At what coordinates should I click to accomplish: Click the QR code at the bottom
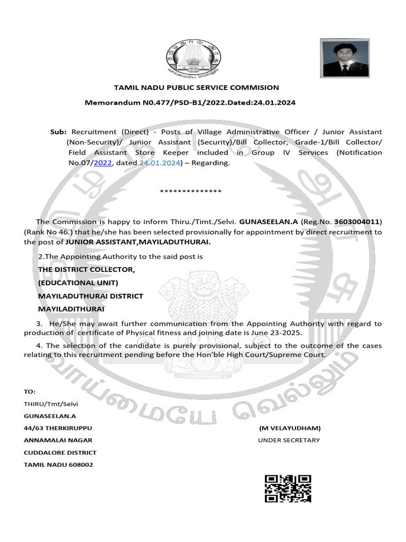coord(288,488)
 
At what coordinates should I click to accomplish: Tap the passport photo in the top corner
coord(345,58)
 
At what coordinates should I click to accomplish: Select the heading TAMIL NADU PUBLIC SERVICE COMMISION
coord(197,88)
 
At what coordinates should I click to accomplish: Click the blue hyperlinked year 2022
coord(103,163)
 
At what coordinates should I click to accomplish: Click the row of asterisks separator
coord(190,191)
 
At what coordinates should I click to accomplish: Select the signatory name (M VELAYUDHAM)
coord(290,428)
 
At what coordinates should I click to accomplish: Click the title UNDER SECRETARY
coord(289,440)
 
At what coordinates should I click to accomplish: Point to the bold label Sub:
coord(58,131)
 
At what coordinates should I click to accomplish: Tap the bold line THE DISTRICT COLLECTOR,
coord(87,270)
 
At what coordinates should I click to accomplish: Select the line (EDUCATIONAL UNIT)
coord(78,283)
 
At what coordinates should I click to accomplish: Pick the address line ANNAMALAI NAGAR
coord(58,440)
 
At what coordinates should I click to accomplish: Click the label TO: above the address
coord(30,392)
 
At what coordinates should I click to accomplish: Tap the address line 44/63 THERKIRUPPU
coord(61,428)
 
